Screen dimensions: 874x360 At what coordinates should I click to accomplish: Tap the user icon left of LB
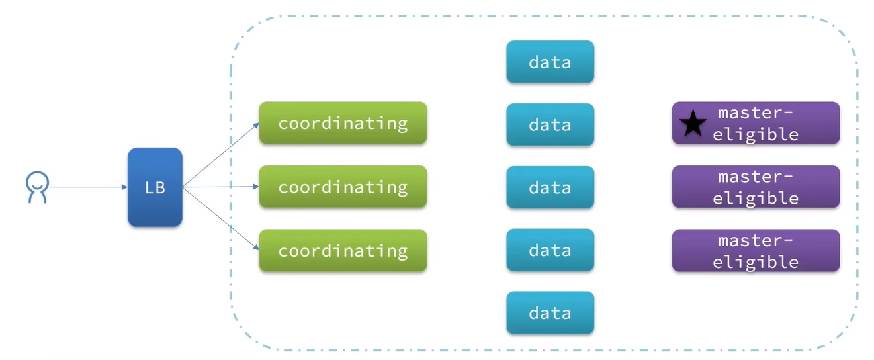point(37,187)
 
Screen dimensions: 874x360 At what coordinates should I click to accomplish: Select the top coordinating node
point(343,123)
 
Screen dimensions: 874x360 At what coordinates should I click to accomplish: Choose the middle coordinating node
point(343,187)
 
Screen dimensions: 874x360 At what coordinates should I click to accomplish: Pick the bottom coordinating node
point(343,250)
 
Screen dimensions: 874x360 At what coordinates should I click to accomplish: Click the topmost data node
point(550,62)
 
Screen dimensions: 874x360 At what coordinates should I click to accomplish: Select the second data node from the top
point(550,124)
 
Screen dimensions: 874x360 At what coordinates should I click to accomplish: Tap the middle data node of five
point(550,187)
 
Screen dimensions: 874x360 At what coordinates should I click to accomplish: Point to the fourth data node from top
point(550,250)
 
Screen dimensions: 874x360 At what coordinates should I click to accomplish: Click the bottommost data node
point(550,312)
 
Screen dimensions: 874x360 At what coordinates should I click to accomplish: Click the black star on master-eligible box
point(693,124)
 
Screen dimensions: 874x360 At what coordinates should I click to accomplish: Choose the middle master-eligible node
point(756,187)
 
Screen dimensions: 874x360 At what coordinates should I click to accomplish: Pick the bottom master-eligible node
point(756,251)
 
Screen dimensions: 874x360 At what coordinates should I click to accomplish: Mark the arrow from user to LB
point(86,187)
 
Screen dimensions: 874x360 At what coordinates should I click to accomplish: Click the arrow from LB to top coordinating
point(220,155)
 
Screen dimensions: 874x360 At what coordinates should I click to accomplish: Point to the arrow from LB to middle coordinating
point(220,187)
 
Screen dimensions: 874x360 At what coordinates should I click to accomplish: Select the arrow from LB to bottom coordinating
point(220,219)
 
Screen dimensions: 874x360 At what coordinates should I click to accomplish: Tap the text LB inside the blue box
point(155,188)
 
